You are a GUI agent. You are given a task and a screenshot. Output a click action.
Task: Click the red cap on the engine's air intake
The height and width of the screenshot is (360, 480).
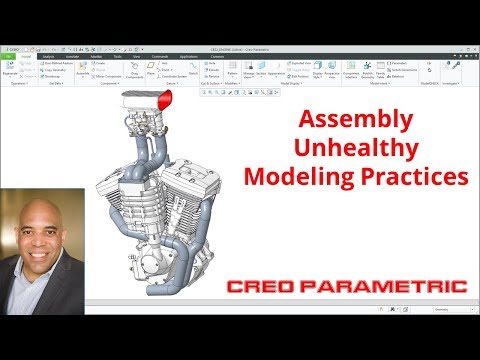tap(167, 101)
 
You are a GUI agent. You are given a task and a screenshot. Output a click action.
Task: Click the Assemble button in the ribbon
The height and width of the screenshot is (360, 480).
tap(84, 72)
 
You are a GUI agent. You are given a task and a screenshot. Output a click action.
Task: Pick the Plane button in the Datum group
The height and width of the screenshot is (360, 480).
tap(149, 72)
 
